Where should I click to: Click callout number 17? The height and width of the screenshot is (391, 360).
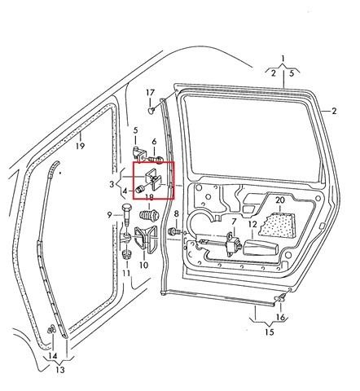pos(150,93)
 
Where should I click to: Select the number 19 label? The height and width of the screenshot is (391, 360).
pos(80,146)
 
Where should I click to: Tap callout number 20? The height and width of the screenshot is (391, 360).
pos(280,200)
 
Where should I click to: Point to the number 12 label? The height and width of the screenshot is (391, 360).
pos(252,224)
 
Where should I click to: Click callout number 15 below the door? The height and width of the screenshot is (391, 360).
pos(270,332)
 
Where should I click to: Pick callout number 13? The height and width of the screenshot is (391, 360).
pos(60,370)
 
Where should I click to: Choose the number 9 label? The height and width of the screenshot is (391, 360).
pos(109,215)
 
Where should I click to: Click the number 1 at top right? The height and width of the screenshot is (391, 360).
pos(283,58)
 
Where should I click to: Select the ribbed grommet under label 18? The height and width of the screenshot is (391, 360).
pos(149,215)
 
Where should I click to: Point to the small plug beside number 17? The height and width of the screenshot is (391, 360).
pos(151,110)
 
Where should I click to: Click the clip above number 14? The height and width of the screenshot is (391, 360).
pos(51,329)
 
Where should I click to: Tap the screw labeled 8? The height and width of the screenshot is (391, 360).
pos(174,232)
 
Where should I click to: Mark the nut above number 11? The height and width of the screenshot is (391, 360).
pos(127,255)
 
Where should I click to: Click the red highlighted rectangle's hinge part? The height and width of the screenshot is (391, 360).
pos(152,180)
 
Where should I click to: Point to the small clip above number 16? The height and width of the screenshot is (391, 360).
pos(281,298)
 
